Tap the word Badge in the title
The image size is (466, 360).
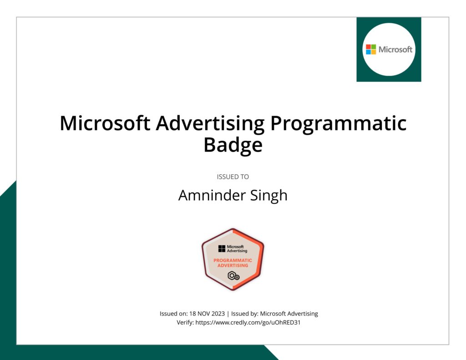(233, 145)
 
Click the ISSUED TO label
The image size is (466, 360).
(233, 177)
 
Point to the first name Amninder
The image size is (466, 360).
(206, 195)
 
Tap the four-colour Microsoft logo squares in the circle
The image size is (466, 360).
(371, 49)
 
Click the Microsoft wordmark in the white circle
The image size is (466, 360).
(395, 49)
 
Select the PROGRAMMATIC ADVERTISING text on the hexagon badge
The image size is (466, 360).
(233, 263)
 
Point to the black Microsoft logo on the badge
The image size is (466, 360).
(222, 248)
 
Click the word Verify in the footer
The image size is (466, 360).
(184, 323)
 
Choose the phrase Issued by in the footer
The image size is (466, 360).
(244, 314)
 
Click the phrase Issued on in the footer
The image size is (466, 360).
(172, 314)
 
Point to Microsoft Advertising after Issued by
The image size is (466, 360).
(289, 314)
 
